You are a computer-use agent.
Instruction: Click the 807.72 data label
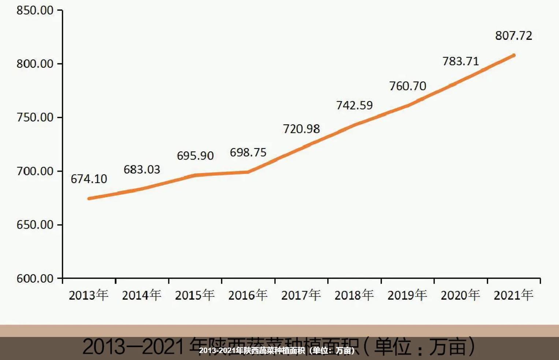513,36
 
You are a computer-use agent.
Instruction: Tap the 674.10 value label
89,179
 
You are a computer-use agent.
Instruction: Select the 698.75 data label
248,153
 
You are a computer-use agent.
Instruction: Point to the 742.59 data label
354,105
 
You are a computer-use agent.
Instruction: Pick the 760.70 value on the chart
407,86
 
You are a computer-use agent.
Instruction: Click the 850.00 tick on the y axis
35,10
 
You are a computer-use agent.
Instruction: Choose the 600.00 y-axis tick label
35,278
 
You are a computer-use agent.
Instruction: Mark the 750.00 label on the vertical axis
35,117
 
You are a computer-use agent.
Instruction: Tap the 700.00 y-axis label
35,171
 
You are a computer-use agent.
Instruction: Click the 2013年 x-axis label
89,295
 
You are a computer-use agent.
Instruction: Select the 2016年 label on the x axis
248,295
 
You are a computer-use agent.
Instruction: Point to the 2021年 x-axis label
513,295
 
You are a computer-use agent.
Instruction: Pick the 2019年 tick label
407,295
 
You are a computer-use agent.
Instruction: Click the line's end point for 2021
514,56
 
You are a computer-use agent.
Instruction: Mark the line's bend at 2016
248,172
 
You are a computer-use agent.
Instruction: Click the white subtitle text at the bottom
277,350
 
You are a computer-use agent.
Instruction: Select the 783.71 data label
461,61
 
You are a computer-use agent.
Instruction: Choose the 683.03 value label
142,170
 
